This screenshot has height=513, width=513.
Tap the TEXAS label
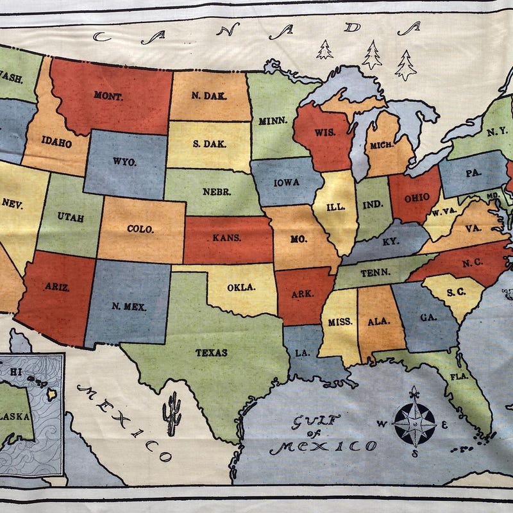coord(211,352)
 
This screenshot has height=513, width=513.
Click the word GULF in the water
coord(314,422)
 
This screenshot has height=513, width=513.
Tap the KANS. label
coord(227,238)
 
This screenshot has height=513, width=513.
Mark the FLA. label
coord(459,376)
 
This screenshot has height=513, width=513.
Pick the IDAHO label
coord(56,143)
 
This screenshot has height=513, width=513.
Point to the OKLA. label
coord(242,287)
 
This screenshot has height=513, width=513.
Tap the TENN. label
coord(375,273)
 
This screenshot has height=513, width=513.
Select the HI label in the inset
coord(14,371)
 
